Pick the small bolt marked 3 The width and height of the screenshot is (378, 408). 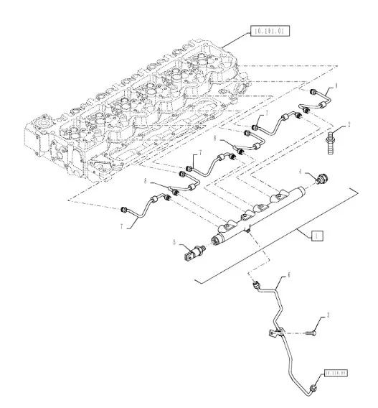310,333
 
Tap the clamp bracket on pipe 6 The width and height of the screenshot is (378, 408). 276,332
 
